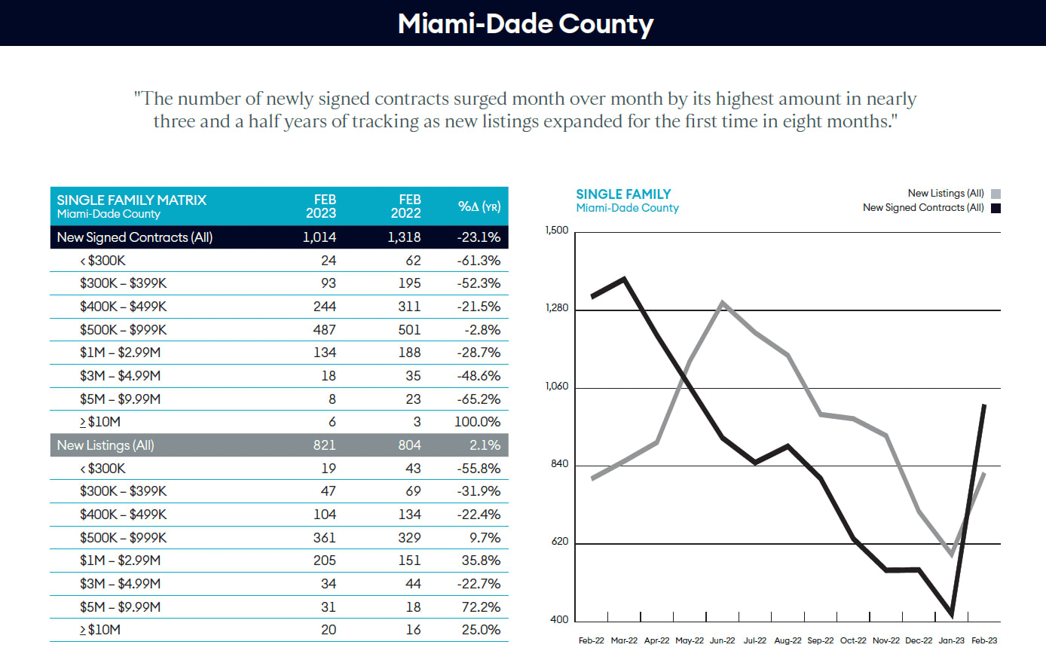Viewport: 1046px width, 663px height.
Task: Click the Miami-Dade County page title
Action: pos(525,23)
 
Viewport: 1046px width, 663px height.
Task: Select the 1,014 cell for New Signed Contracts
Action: pos(319,237)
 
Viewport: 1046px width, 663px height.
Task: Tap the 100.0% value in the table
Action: pos(477,422)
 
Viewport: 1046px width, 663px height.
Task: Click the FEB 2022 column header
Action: pos(406,206)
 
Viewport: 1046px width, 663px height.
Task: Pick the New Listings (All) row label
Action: pos(106,445)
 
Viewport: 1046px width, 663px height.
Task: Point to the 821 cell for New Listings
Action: pos(324,445)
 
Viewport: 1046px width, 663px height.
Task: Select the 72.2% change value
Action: pos(481,607)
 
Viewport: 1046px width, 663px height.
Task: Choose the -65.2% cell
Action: pos(479,399)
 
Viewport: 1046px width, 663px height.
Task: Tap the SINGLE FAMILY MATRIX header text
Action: pos(132,200)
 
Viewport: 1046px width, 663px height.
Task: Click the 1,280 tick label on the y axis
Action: pos(557,308)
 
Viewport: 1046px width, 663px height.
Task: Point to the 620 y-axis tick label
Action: pos(560,542)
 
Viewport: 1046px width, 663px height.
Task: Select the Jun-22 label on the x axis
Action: pos(722,641)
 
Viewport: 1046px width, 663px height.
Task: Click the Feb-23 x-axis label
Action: pos(983,641)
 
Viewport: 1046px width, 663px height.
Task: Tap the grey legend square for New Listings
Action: pos(996,194)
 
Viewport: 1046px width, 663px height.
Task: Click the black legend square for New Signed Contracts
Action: pos(996,209)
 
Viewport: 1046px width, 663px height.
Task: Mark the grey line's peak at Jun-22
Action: pos(723,304)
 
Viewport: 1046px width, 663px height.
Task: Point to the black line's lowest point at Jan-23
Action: pos(952,614)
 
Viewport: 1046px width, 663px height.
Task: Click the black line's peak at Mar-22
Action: pos(625,280)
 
